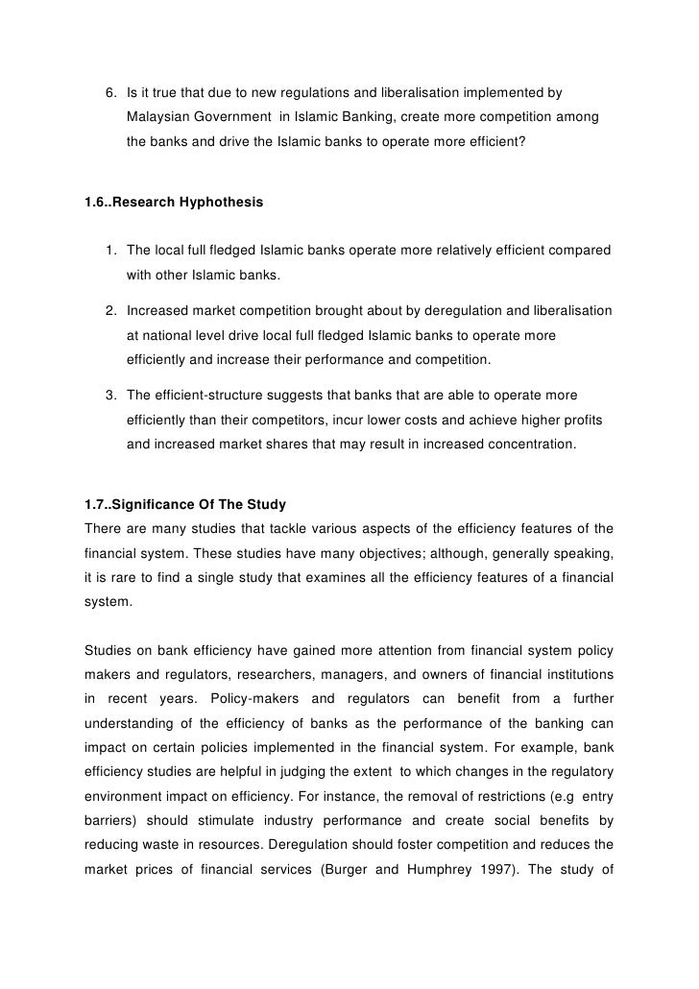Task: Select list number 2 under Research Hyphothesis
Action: click(x=110, y=313)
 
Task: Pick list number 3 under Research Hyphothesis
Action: click(x=110, y=395)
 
